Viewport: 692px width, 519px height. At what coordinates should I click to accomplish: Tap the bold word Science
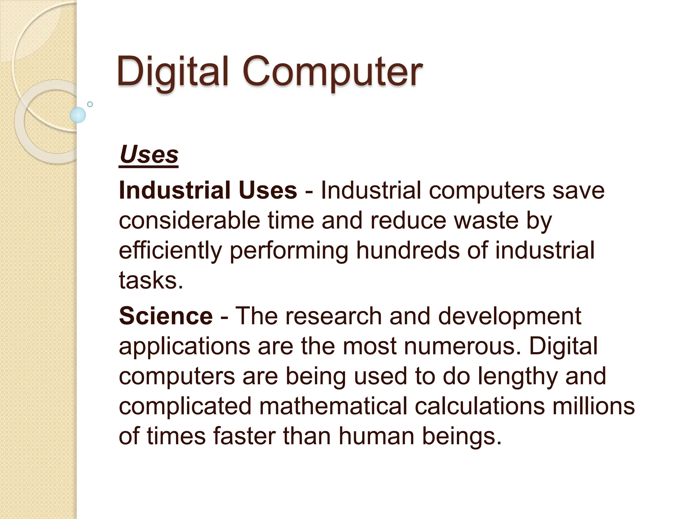pos(166,316)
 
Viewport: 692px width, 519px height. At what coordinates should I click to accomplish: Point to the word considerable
pos(189,220)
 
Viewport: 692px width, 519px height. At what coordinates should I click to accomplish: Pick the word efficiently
pos(170,251)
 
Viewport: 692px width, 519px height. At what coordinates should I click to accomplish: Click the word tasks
pos(151,280)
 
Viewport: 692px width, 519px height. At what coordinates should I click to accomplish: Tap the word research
pos(333,316)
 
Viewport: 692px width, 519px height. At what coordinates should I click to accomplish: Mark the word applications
pos(184,347)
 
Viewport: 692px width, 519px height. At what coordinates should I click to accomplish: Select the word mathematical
pos(333,406)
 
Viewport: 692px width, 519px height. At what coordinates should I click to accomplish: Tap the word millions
pos(593,406)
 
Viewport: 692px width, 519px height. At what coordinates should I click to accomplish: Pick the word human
pos(376,436)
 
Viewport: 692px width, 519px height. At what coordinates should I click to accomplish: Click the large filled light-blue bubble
pos(78,115)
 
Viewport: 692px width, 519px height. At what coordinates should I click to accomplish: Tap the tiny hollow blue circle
pos(90,104)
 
